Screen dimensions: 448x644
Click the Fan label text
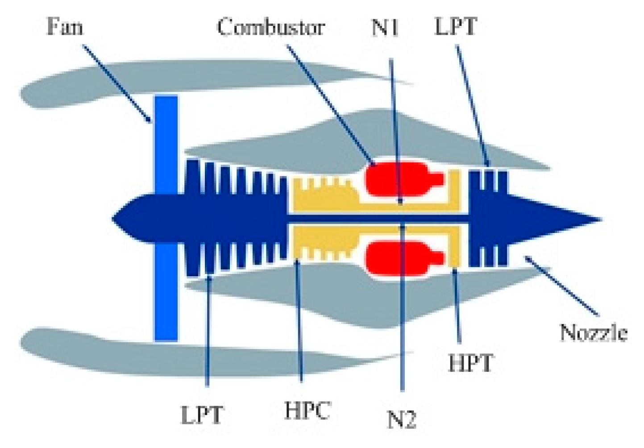[65, 26]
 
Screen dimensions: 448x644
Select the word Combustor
[270, 27]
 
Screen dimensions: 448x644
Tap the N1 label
[385, 27]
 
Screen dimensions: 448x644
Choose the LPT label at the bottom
[202, 415]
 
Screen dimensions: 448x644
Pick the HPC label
[307, 411]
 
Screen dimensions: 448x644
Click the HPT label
[470, 363]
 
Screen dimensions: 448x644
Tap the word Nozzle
[594, 333]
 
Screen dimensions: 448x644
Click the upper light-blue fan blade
[166, 143]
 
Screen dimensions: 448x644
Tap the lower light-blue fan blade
[166, 295]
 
